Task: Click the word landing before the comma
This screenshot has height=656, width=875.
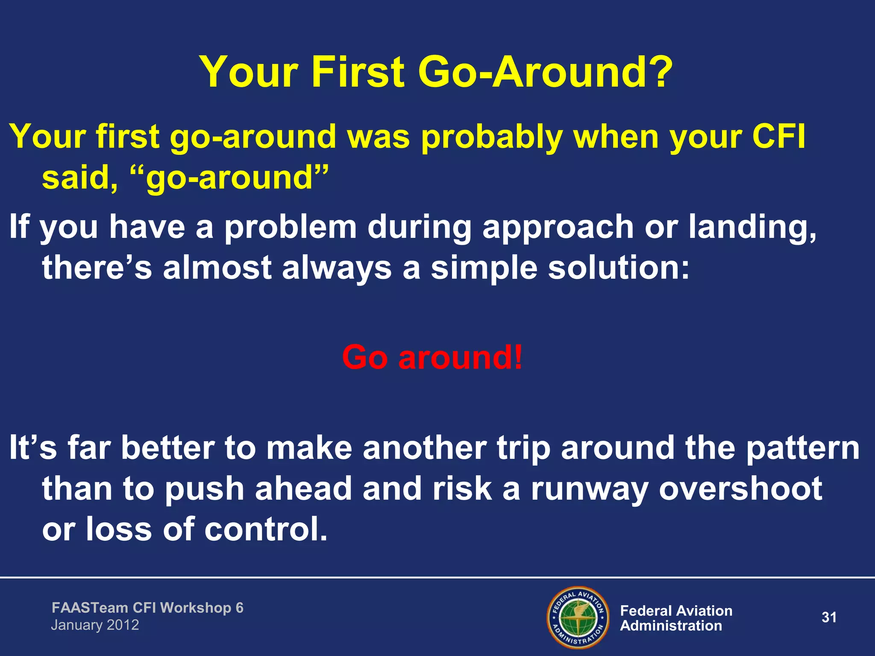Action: click(750, 227)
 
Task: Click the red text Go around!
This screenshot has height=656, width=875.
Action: click(432, 357)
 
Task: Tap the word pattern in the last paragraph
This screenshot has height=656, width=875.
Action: click(803, 448)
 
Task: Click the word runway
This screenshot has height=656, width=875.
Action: click(590, 489)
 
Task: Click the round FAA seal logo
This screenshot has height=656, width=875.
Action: click(578, 617)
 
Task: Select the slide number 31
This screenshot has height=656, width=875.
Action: click(829, 617)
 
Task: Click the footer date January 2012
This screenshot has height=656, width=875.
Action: click(95, 625)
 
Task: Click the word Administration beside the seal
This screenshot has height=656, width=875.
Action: click(671, 626)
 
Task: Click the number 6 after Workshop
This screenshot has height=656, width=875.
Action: click(239, 607)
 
